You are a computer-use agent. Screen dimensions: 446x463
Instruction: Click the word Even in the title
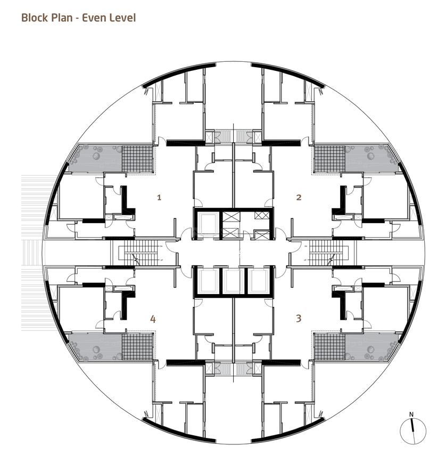point(94,18)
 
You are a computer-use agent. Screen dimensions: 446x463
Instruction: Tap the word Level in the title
point(123,18)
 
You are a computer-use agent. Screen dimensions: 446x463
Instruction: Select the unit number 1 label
point(159,197)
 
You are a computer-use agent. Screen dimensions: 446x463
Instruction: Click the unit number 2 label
point(299,197)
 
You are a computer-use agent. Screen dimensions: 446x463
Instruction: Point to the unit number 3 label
point(299,318)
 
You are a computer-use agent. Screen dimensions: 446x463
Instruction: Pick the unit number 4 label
point(153,319)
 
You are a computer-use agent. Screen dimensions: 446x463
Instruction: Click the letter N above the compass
point(411,415)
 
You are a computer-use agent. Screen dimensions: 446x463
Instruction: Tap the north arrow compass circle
point(413,431)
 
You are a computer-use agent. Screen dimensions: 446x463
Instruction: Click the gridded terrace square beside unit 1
point(137,159)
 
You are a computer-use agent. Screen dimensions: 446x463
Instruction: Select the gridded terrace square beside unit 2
point(329,159)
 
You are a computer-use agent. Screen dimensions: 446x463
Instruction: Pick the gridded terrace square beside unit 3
point(329,347)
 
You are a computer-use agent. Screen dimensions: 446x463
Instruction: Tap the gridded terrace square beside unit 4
point(137,347)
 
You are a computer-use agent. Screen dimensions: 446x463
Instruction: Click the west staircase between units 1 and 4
point(138,253)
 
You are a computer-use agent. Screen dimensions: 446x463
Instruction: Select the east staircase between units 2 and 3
point(328,253)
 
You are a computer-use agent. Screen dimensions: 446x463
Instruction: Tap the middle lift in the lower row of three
point(233,282)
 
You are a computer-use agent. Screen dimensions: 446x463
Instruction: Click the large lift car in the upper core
point(208,223)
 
